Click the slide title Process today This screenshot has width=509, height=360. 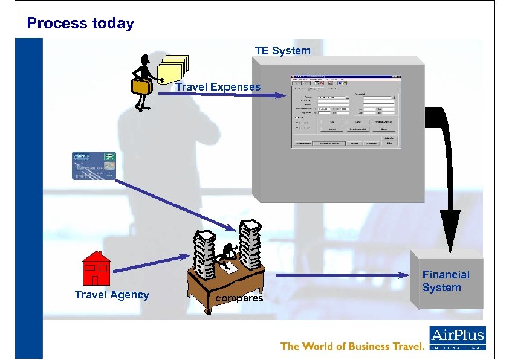80,24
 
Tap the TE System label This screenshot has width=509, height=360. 282,51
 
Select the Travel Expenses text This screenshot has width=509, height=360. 218,87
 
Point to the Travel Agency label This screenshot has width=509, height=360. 112,295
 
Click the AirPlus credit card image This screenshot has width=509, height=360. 94,166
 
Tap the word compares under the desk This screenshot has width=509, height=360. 239,298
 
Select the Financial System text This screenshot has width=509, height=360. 446,281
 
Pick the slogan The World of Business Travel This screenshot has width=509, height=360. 351,346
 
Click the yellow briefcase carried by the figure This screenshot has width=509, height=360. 142,86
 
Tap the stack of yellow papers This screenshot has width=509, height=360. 173,69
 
